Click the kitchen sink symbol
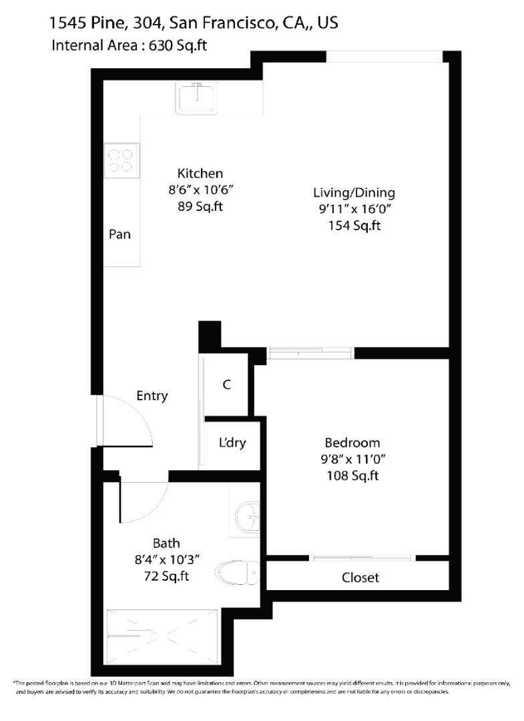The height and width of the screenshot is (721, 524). pyautogui.click(x=196, y=97)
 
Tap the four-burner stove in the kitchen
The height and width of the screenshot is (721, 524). pyautogui.click(x=121, y=160)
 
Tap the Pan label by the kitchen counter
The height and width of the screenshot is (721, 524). pyautogui.click(x=119, y=234)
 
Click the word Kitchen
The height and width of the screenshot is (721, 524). pyautogui.click(x=200, y=174)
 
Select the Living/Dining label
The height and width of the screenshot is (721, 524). pyautogui.click(x=354, y=193)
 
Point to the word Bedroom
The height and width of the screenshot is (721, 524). pyautogui.click(x=352, y=443)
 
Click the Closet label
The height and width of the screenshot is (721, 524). pyautogui.click(x=360, y=577)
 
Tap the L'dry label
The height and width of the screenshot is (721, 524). pyautogui.click(x=232, y=443)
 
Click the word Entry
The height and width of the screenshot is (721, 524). pyautogui.click(x=152, y=396)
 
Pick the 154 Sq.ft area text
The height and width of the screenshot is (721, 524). pyautogui.click(x=354, y=226)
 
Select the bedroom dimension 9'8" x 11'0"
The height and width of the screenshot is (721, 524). pyautogui.click(x=352, y=459)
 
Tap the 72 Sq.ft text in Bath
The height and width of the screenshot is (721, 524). pyautogui.click(x=166, y=575)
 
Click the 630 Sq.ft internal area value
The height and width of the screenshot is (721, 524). pyautogui.click(x=178, y=45)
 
